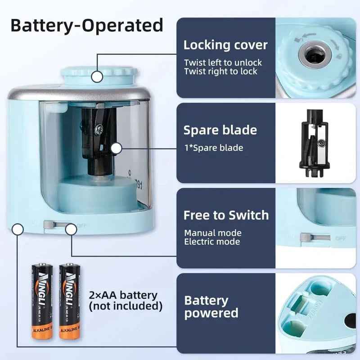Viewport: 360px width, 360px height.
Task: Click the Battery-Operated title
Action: click(x=86, y=25)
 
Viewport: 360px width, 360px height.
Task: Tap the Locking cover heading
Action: click(x=225, y=45)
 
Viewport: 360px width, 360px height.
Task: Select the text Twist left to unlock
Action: click(x=223, y=63)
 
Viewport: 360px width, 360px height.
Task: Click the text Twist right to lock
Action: click(x=220, y=71)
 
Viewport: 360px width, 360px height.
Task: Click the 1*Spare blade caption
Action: click(x=213, y=148)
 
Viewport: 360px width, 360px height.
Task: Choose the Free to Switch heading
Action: click(x=226, y=215)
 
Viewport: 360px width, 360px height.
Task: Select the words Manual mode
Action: click(x=212, y=233)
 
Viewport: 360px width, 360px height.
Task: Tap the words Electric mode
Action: click(x=212, y=242)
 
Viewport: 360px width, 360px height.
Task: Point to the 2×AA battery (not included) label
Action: click(x=126, y=301)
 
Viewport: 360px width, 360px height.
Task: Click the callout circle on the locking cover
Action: click(x=97, y=76)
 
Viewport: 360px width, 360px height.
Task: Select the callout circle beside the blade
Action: click(x=117, y=148)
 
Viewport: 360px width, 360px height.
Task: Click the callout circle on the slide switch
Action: click(x=71, y=229)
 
